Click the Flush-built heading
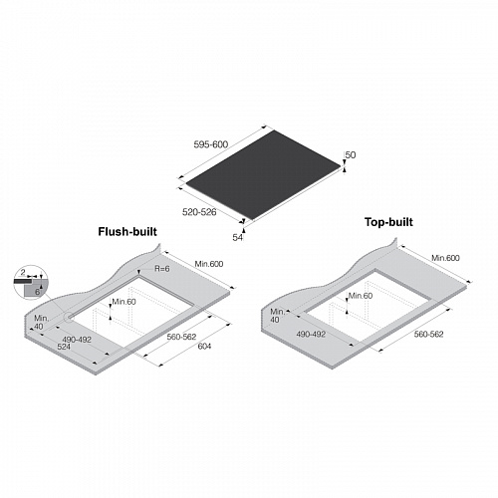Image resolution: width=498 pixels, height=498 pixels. pyautogui.click(x=127, y=231)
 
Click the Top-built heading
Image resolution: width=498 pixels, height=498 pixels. pyautogui.click(x=388, y=222)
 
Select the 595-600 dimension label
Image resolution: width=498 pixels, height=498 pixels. pyautogui.click(x=211, y=144)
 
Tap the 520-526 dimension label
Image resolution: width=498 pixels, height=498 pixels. pyautogui.click(x=199, y=212)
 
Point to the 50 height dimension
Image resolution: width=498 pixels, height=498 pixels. pyautogui.click(x=351, y=154)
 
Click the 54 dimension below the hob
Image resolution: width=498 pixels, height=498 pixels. pyautogui.click(x=237, y=237)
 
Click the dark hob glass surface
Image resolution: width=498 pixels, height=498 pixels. pyautogui.click(x=263, y=174)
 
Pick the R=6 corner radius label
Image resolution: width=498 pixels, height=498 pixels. pyautogui.click(x=162, y=268)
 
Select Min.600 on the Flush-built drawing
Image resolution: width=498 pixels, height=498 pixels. pyautogui.click(x=209, y=264)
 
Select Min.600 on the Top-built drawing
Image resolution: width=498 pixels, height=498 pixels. pyautogui.click(x=445, y=258)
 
